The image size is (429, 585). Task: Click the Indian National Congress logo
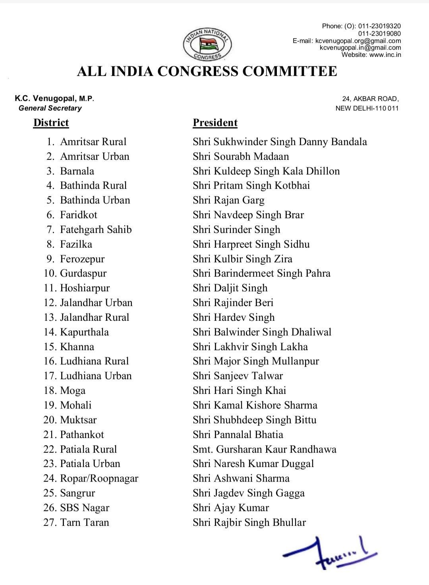pyautogui.click(x=208, y=44)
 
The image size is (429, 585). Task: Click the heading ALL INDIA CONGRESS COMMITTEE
pyautogui.click(x=207, y=72)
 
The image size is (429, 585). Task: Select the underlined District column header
pyautogui.click(x=51, y=123)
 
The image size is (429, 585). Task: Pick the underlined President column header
pyautogui.click(x=215, y=123)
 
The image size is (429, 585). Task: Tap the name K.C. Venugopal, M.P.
pyautogui.click(x=54, y=99)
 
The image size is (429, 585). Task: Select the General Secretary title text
pyautogui.click(x=50, y=108)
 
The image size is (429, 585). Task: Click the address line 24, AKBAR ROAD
pyautogui.click(x=370, y=99)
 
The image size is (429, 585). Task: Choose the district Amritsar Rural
pyautogui.click(x=93, y=142)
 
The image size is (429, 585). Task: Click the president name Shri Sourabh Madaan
pyautogui.click(x=241, y=157)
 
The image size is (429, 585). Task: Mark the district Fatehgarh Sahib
pyautogui.click(x=96, y=230)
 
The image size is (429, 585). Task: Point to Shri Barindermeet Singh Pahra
pyautogui.click(x=261, y=273)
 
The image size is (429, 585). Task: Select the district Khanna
pyautogui.click(x=77, y=347)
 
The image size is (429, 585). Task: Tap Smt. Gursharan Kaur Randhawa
pyautogui.click(x=265, y=449)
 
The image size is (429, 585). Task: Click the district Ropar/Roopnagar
pyautogui.click(x=99, y=478)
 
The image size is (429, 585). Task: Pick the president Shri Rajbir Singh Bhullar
pyautogui.click(x=249, y=523)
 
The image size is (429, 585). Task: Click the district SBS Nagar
pyautogui.click(x=85, y=508)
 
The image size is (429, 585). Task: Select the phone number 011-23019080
pyautogui.click(x=379, y=33)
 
